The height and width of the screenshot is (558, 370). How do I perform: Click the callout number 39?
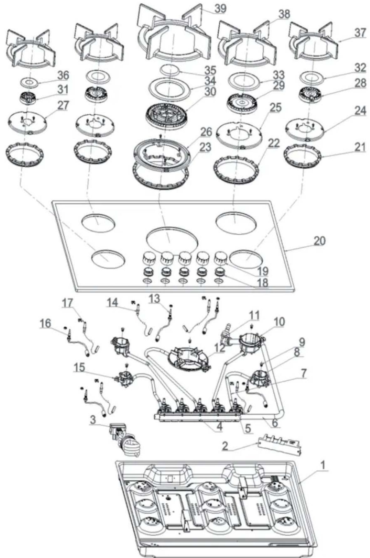[x=220, y=8]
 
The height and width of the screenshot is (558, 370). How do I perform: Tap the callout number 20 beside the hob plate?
[x=320, y=241]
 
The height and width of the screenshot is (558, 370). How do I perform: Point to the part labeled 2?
[x=279, y=442]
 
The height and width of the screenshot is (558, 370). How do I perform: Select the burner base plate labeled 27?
[x=28, y=123]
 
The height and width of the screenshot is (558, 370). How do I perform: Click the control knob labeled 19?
[x=220, y=258]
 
